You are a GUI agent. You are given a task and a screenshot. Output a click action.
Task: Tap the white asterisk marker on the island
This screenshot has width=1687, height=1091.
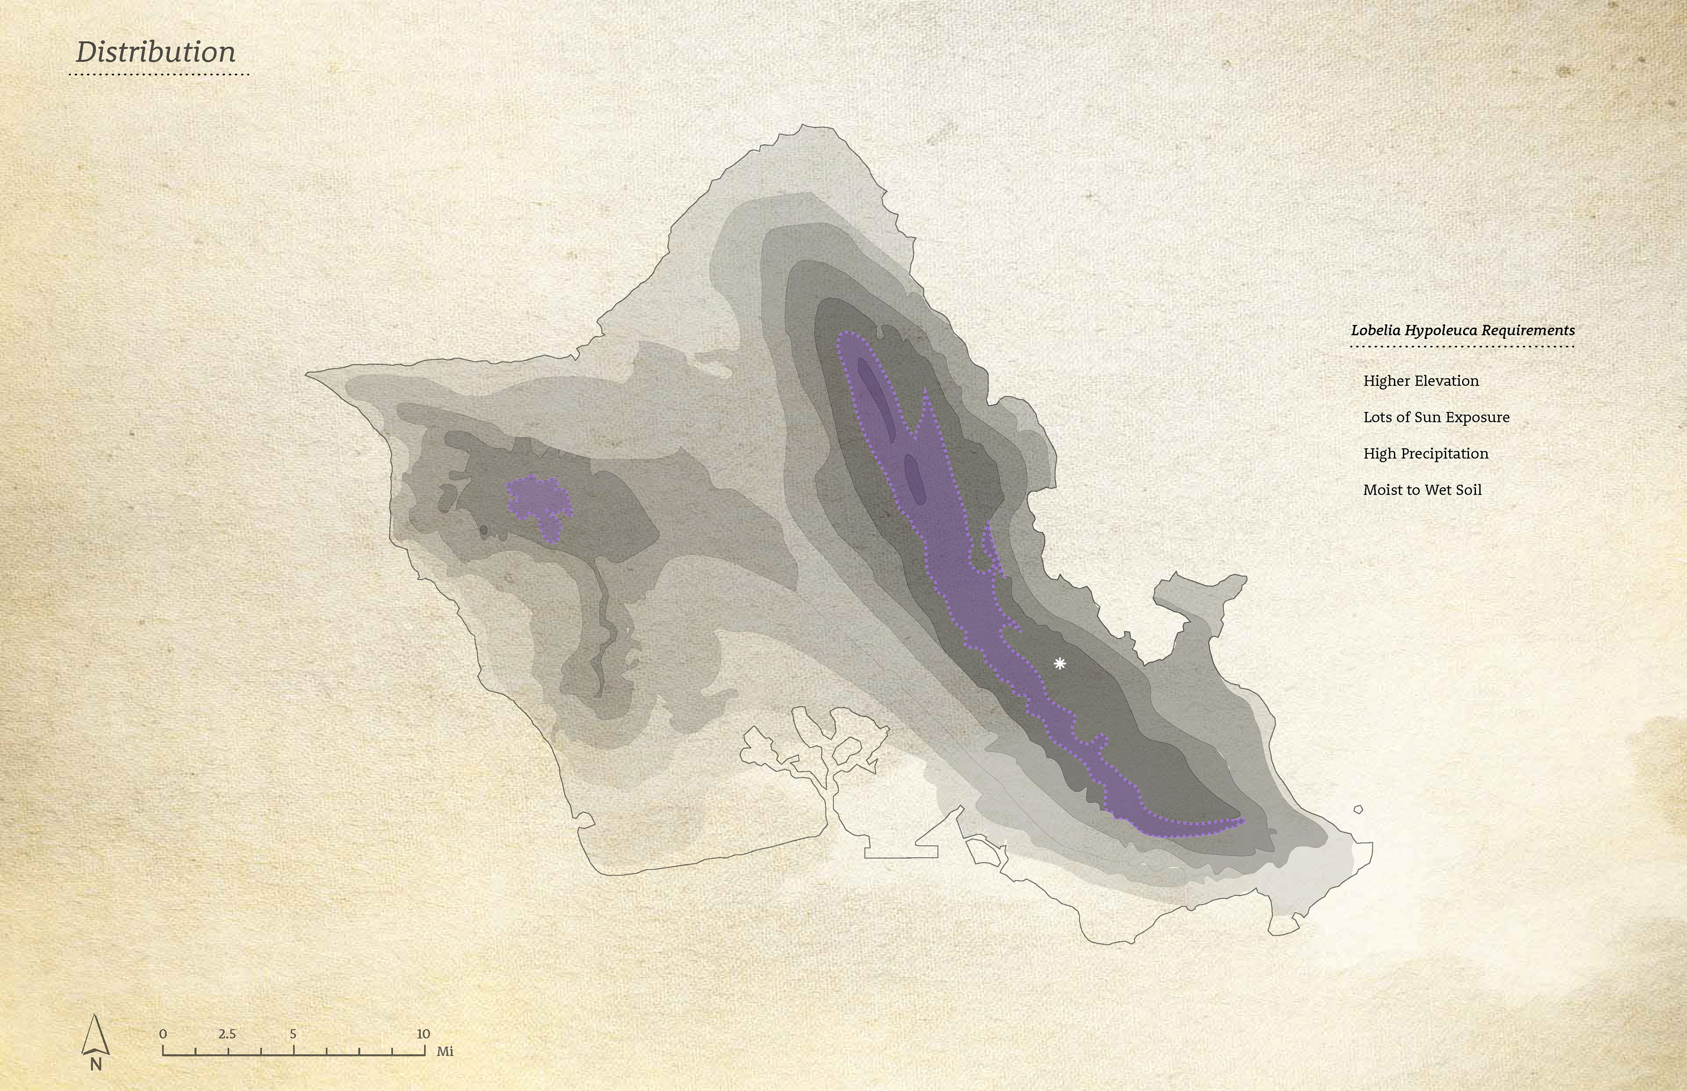[1059, 664]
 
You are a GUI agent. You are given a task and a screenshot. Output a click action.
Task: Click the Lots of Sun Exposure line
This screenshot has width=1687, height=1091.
[1436, 417]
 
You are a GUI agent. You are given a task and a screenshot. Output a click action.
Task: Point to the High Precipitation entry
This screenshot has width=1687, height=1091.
[1426, 454]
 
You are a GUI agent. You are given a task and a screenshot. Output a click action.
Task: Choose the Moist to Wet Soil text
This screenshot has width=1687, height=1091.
[1422, 490]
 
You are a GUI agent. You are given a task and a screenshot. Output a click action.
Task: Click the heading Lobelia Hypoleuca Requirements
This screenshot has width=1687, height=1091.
[1463, 330]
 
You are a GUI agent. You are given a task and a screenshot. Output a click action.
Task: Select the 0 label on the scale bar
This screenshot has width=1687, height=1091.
[163, 1033]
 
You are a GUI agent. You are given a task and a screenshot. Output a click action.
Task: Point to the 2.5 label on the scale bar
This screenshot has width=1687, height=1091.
[227, 1033]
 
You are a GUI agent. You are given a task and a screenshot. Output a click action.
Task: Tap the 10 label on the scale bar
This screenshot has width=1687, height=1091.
[423, 1033]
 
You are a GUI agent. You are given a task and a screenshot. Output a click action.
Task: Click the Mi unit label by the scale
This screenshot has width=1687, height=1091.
[445, 1051]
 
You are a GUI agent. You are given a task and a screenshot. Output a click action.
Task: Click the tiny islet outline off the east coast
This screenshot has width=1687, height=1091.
[1358, 810]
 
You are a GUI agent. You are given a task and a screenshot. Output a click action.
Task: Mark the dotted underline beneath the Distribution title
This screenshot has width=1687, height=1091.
[162, 74]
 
